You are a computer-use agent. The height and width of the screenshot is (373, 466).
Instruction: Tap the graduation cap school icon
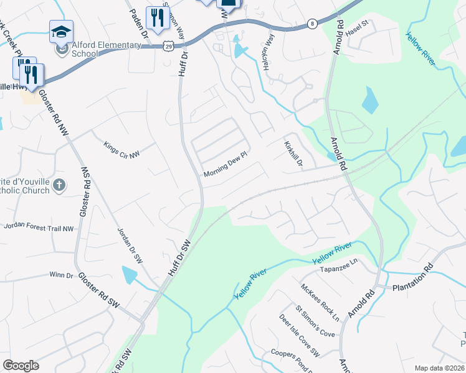[62, 32]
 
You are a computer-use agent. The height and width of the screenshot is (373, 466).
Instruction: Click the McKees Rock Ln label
[320, 303]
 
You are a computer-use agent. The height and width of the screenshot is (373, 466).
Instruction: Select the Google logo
[21, 365]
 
